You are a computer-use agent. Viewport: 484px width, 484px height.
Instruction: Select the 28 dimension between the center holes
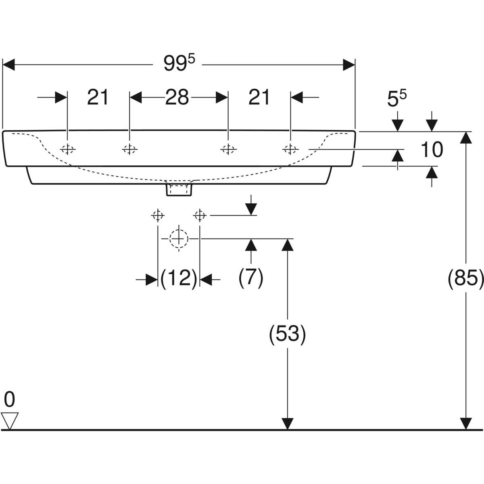point(178,97)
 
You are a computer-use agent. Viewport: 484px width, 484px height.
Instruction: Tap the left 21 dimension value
point(98,97)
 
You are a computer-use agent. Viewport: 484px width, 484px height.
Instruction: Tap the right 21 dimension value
point(259,97)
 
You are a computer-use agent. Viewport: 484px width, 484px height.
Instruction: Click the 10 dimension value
point(432,150)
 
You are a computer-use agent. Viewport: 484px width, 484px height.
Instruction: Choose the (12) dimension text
point(178,278)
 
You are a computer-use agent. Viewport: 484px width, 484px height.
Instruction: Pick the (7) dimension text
point(251,278)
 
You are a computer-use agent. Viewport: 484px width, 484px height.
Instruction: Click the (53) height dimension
point(287,334)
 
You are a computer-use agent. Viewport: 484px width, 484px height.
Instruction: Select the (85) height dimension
point(466,278)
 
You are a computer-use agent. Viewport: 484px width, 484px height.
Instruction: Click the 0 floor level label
point(9,400)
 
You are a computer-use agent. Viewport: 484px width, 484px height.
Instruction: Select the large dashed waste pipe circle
point(179,238)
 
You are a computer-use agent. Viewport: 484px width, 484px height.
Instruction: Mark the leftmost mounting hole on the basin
point(67,149)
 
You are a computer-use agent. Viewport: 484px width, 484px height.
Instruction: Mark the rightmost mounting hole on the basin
point(290,149)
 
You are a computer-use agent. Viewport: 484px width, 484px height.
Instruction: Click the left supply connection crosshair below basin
point(157,216)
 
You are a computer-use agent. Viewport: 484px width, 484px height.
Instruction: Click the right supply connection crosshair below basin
point(200,216)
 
